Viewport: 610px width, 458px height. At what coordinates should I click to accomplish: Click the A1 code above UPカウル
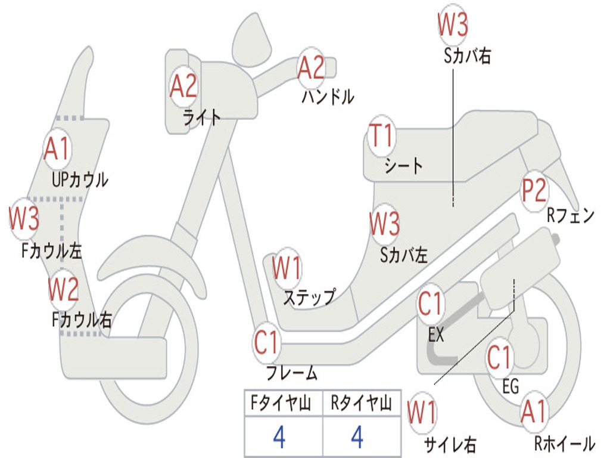click(57, 149)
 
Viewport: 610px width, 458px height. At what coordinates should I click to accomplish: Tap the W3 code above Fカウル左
click(24, 219)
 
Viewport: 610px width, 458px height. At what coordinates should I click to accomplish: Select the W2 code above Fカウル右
click(63, 289)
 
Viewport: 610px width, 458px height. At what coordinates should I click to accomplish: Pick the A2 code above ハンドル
click(311, 67)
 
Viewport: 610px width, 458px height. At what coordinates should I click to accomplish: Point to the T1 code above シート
click(381, 137)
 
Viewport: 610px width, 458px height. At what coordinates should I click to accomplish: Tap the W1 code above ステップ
click(287, 268)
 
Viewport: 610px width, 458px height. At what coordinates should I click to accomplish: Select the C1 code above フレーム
click(267, 343)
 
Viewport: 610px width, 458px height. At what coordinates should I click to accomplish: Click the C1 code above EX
click(431, 304)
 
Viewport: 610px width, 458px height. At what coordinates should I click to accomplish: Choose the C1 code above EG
click(499, 358)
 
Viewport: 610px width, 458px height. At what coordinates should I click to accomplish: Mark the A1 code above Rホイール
click(533, 411)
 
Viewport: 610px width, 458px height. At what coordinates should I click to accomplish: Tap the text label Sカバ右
click(468, 55)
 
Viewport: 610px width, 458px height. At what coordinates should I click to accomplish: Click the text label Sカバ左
click(404, 255)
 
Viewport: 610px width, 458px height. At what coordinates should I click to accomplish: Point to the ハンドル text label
click(328, 97)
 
